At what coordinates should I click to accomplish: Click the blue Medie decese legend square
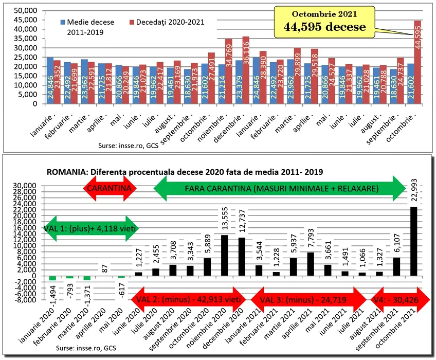click(x=63, y=23)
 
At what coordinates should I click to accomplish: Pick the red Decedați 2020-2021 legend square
click(x=132, y=23)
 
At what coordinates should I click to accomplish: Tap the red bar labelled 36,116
click(x=246, y=70)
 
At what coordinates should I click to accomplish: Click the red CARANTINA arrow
click(x=111, y=188)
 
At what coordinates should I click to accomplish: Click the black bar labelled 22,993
click(x=413, y=241)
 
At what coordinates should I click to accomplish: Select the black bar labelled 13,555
click(x=225, y=255)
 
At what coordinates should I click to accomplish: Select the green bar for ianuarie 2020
click(x=52, y=278)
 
